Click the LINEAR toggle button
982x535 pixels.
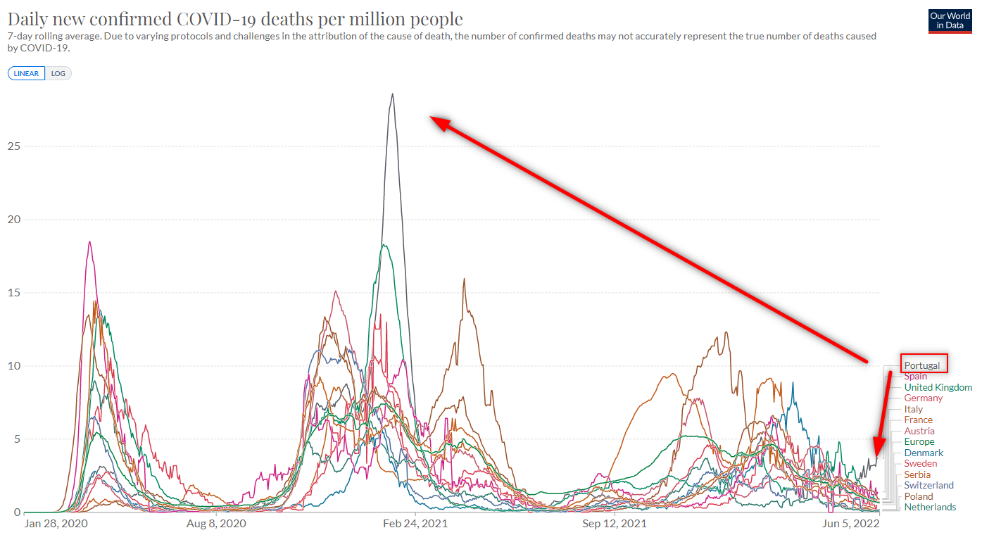pyautogui.click(x=27, y=73)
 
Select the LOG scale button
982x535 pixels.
pyautogui.click(x=58, y=73)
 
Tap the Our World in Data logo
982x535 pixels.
pyautogui.click(x=950, y=20)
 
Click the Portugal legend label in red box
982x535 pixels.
pyautogui.click(x=922, y=365)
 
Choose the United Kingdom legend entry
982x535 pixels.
pyautogui.click(x=938, y=387)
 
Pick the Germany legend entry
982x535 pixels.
pyautogui.click(x=923, y=398)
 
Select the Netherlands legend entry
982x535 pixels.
pyautogui.click(x=930, y=508)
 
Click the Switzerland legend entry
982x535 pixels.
pyautogui.click(x=929, y=486)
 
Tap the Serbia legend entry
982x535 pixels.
pyautogui.click(x=917, y=475)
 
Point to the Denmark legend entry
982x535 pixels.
pyautogui.click(x=924, y=453)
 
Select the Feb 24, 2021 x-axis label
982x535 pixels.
pyautogui.click(x=416, y=524)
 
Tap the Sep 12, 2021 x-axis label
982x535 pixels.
pyautogui.click(x=614, y=524)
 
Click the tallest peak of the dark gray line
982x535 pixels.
pyautogui.click(x=392, y=94)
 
